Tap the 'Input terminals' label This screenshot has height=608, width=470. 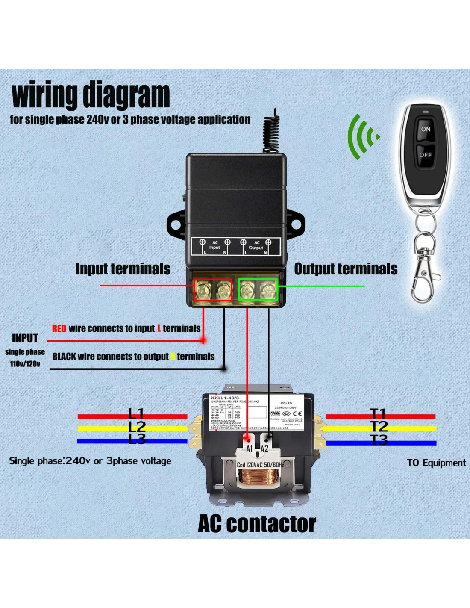[x=123, y=269]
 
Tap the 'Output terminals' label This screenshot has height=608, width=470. [x=346, y=269]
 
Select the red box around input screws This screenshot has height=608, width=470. [x=213, y=290]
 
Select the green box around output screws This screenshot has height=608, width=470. [x=258, y=290]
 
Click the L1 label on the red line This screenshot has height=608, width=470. [x=136, y=414]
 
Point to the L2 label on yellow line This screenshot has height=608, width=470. [x=137, y=427]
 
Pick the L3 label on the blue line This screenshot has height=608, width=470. [x=137, y=439]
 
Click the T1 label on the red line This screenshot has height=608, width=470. [x=378, y=414]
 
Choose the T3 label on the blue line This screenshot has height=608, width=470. [x=379, y=440]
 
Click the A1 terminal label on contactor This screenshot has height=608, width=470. [x=249, y=449]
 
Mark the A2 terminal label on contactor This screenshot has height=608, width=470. [x=264, y=449]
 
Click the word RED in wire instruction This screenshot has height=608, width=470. [x=59, y=328]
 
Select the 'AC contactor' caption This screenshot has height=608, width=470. [x=257, y=524]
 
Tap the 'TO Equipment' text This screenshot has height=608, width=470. [x=436, y=463]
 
